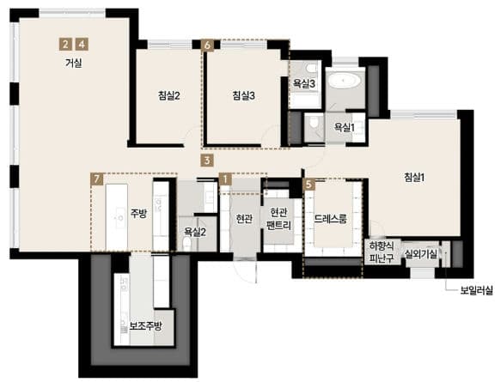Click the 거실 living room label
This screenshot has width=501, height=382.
pos(74,63)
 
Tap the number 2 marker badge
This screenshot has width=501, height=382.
pos(65,44)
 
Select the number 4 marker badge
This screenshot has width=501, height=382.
pos(82,44)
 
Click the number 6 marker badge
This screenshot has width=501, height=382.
pos(207,45)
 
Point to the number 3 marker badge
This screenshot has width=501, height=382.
pos(207,161)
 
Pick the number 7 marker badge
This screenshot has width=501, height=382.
pos(97,179)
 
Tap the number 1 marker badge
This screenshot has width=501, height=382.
pos(225,179)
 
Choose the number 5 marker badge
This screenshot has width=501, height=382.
pos(309,185)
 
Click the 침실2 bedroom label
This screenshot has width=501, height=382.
pos(169,95)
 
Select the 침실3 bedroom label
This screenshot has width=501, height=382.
pos(244,95)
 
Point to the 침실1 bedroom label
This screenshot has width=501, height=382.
pos(414,177)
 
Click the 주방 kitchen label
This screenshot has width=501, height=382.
pos(138,213)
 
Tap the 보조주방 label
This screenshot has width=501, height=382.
pos(146,326)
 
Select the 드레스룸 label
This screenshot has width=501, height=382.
pos(330,219)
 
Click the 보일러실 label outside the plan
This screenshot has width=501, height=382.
pos(476,291)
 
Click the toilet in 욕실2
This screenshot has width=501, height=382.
pos(187,244)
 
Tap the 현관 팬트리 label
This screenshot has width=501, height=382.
pos(278,219)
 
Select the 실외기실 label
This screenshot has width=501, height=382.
pos(420,254)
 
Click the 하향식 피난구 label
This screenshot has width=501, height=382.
pos(382,252)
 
